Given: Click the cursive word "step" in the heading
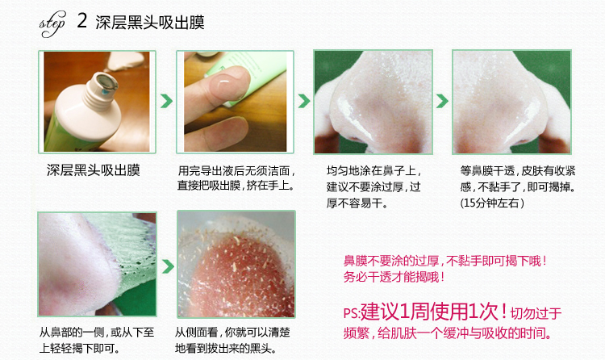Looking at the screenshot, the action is (52, 24).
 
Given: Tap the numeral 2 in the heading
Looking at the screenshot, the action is (81, 20).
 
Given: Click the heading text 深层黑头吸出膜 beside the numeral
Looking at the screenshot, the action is (150, 22).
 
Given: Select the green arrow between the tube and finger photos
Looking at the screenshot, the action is (166, 101).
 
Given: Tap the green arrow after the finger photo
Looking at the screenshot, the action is (304, 101).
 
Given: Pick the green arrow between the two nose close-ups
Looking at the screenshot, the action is (442, 101).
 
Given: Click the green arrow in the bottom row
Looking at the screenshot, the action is (168, 266).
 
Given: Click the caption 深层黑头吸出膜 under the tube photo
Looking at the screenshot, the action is (94, 170).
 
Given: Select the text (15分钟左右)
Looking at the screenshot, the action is (492, 203).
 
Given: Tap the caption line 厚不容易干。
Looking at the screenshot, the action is (357, 203).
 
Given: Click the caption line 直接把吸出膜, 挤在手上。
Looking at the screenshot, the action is (236, 186).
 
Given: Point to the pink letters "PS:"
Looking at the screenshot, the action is (352, 312).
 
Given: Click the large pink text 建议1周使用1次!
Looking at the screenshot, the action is (433, 311).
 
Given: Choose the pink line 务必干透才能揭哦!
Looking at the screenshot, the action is (394, 277).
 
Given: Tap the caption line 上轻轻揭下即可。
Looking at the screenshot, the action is (80, 348).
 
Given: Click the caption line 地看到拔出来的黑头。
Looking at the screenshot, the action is (226, 348).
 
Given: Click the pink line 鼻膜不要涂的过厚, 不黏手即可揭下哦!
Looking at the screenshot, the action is (444, 261).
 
